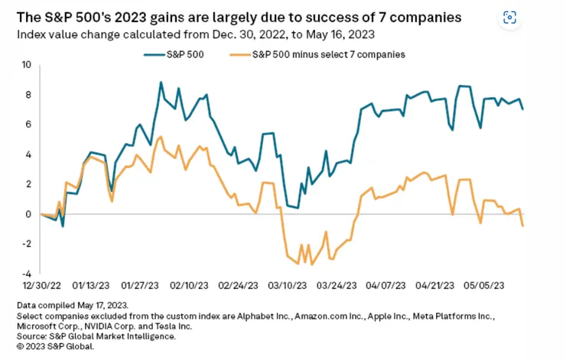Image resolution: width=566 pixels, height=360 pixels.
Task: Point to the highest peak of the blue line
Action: (161, 83)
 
